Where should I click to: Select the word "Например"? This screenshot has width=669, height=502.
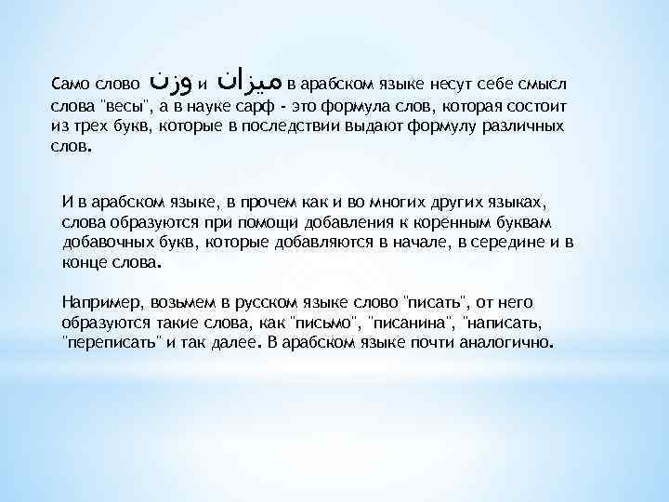pos(97,302)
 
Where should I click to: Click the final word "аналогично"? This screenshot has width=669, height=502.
pos(507,343)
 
